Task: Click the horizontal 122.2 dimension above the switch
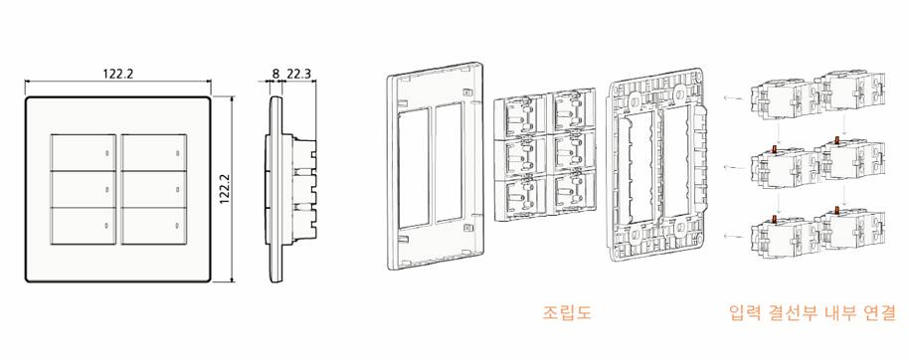[118, 74]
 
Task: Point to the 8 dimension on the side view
[275, 74]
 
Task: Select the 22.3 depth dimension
[299, 74]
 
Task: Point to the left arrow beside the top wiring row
[731, 98]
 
